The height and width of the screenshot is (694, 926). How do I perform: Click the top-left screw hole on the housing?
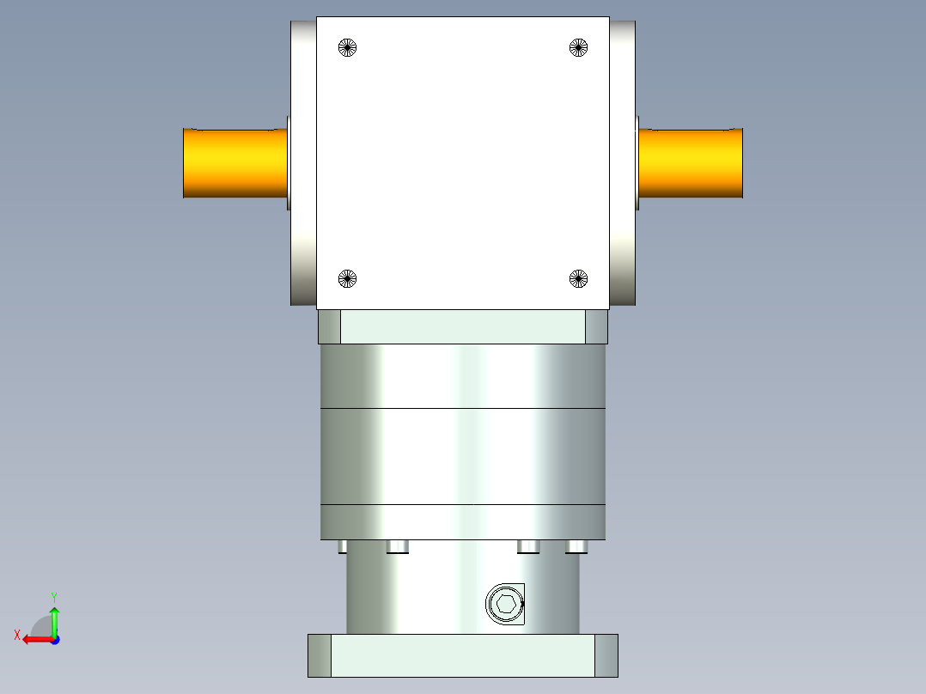[x=347, y=48]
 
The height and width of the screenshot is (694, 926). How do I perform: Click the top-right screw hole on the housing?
[x=579, y=48]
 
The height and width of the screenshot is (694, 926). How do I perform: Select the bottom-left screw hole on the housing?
[x=347, y=277]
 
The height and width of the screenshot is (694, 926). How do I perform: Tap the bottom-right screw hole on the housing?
[x=579, y=277]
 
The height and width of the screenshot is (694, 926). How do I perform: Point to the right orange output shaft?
[x=690, y=163]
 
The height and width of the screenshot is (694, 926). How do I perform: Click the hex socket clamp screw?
[x=505, y=604]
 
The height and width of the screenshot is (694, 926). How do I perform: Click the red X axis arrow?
[x=34, y=639]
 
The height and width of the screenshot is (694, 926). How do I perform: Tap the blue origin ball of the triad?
[x=54, y=639]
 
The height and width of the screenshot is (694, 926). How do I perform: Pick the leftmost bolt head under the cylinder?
[x=343, y=546]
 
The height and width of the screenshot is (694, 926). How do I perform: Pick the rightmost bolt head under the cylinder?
[x=576, y=546]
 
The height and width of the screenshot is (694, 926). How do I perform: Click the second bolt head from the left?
[x=397, y=546]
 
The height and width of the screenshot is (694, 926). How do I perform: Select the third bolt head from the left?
[x=528, y=546]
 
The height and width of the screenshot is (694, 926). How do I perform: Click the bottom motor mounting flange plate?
[x=462, y=655]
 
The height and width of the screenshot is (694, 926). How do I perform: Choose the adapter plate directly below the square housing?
[x=462, y=327]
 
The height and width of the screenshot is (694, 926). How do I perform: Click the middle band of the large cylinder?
[x=462, y=456]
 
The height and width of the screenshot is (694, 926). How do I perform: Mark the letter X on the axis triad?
[x=17, y=635]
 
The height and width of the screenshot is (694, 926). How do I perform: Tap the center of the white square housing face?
[x=463, y=163]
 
